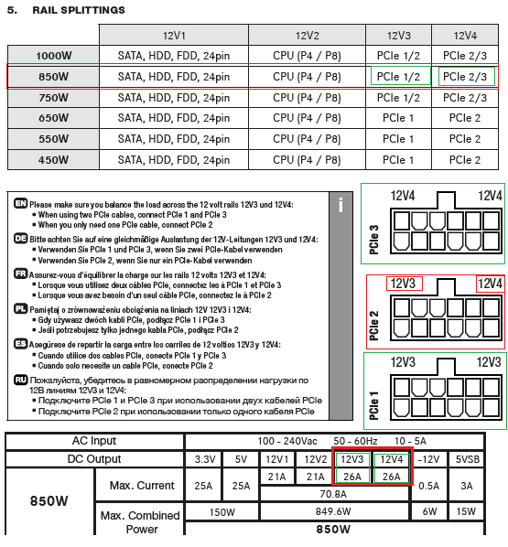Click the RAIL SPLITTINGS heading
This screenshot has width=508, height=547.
point(79,10)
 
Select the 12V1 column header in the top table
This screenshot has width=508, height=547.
point(174,36)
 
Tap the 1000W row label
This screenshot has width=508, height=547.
point(53,56)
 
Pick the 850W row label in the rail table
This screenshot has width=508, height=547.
point(53,77)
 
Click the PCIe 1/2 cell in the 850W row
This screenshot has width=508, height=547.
point(398,77)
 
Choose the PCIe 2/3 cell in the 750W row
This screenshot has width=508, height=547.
point(465,98)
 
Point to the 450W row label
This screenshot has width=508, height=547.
point(53,160)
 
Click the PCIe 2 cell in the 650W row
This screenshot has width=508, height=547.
point(465,118)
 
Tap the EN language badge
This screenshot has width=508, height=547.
point(21,203)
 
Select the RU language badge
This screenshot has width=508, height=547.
point(21,380)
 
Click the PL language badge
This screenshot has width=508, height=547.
point(21,308)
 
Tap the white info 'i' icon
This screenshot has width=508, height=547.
point(340,205)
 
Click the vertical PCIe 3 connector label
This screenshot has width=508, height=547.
point(374,240)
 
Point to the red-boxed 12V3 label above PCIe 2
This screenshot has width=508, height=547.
point(404,284)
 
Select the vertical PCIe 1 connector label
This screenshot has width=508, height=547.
point(374,405)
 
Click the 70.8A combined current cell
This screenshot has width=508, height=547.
point(333,494)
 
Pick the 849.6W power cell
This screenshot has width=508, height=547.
point(333,511)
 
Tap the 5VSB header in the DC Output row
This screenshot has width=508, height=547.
point(467,459)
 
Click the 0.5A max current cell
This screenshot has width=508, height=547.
point(428,486)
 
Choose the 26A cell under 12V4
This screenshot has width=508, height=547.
point(391,477)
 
